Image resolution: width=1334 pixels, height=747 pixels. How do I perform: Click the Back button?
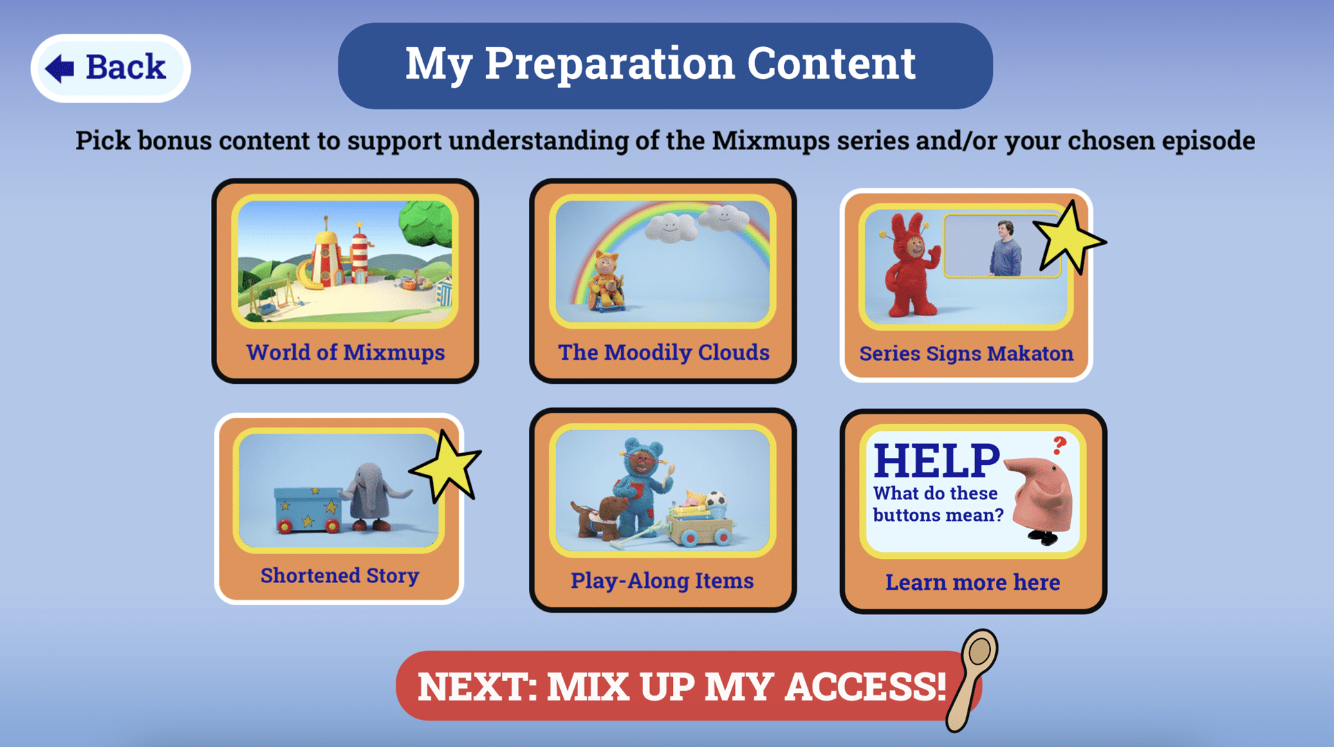point(111,68)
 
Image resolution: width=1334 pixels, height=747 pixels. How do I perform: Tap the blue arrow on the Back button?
point(59,68)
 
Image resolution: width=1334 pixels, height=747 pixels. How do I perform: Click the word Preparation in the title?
point(609,64)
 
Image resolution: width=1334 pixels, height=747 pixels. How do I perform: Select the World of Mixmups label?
point(346,352)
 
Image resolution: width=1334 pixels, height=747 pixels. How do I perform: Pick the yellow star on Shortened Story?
point(445,465)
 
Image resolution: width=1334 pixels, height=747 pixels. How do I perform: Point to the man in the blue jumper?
point(1005,248)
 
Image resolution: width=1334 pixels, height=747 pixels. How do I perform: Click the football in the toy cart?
point(716,499)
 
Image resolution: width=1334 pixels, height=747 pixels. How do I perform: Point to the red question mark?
point(1059,445)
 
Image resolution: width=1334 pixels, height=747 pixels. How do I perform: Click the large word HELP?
point(936,461)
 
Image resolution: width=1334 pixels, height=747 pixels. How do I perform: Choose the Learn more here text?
point(972,582)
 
